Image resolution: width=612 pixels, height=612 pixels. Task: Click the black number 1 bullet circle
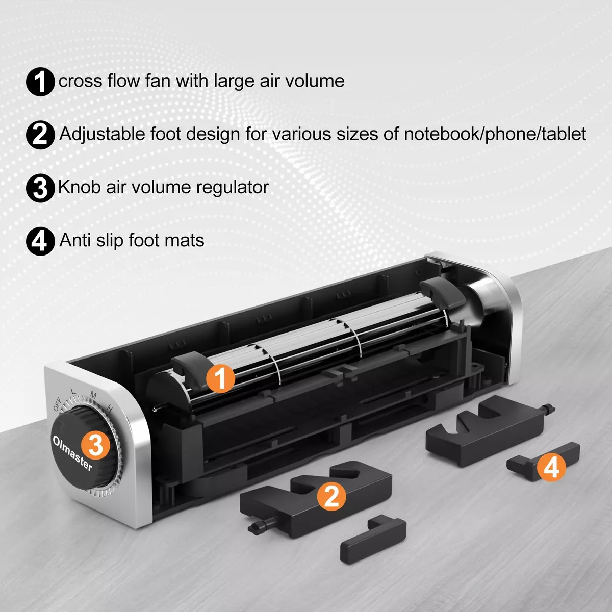(x=40, y=82)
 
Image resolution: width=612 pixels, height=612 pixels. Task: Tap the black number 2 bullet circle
(x=40, y=135)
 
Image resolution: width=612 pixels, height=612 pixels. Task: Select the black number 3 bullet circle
(x=40, y=188)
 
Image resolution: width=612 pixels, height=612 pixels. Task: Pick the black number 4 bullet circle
(x=40, y=241)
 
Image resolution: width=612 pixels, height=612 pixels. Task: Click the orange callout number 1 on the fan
(x=220, y=378)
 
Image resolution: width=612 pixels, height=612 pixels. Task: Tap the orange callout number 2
(x=331, y=496)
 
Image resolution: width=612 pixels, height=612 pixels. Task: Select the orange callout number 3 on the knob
(x=95, y=445)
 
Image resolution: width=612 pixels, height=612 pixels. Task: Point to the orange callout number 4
(x=551, y=467)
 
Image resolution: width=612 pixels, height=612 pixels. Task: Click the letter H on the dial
(x=109, y=409)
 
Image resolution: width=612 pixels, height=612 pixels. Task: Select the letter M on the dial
(x=93, y=395)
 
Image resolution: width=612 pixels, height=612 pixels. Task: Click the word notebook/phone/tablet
(x=495, y=134)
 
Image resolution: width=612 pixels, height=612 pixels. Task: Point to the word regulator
(x=233, y=187)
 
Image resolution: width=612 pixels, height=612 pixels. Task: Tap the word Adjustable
(x=103, y=134)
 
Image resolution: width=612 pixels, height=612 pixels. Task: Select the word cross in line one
(x=81, y=81)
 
